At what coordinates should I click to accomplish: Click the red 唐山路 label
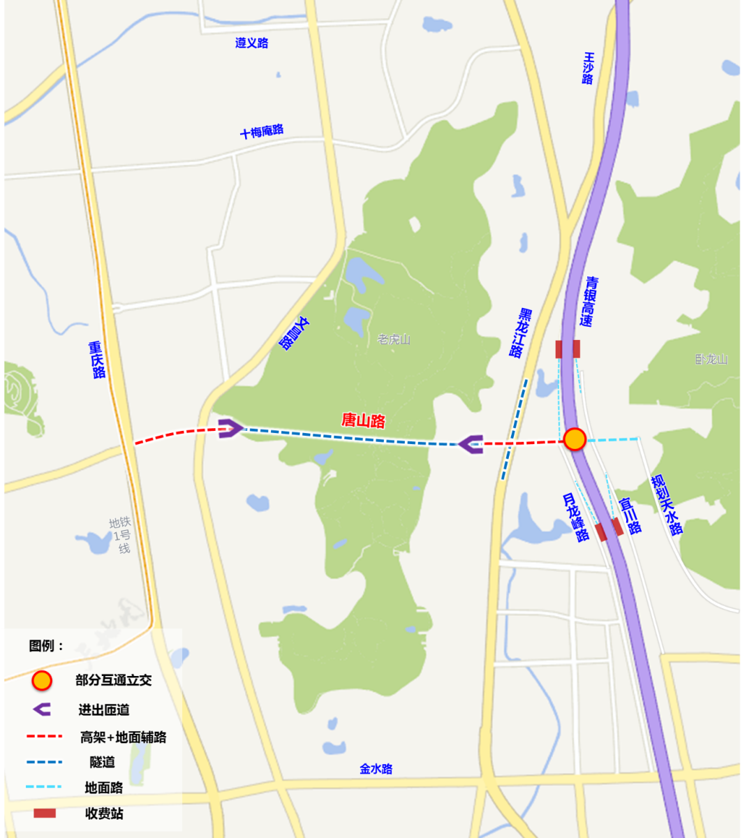363,420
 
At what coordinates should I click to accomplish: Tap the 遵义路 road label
251,43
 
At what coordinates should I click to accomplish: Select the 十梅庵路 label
262,131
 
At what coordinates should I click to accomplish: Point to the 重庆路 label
97,360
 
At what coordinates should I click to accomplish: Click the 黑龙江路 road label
521,332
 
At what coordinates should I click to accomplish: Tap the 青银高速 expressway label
589,302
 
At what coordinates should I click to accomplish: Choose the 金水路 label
376,769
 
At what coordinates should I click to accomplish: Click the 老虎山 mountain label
394,339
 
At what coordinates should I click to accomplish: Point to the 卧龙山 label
711,359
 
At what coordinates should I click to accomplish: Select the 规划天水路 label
667,505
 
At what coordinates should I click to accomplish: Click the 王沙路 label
588,68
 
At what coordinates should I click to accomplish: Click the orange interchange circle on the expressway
575,439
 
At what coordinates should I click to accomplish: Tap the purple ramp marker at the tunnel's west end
230,428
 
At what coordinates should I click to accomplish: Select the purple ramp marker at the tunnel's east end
471,443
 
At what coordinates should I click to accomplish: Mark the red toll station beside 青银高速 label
568,349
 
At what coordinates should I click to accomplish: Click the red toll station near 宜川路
609,529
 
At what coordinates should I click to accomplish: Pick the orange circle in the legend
42,680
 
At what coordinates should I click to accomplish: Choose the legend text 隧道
102,762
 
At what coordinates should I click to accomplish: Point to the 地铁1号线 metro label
121,535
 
